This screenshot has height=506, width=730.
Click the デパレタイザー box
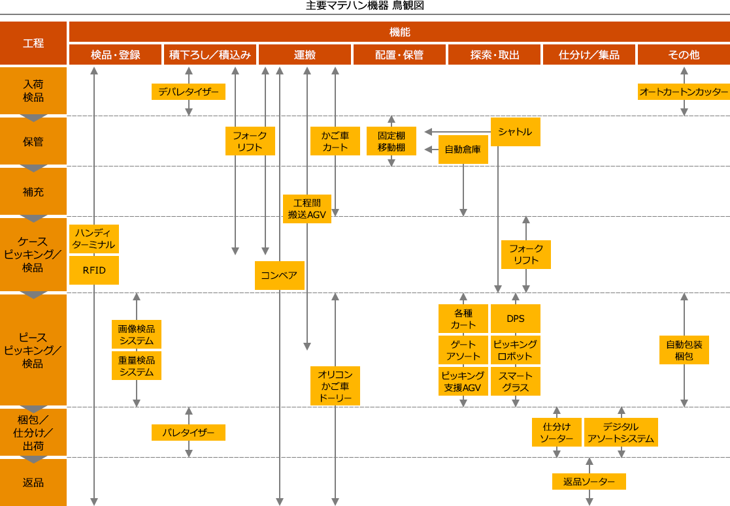tap(188, 91)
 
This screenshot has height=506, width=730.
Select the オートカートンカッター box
tap(683, 91)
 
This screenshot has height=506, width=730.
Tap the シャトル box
tap(515, 132)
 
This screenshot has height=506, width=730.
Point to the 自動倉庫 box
tap(463, 150)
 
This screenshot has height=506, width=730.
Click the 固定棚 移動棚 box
tap(391, 141)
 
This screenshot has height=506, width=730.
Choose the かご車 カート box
tap(335, 141)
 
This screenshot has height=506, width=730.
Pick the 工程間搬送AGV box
tap(307, 209)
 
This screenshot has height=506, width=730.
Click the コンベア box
tap(279, 275)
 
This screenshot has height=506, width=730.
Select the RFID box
tap(94, 270)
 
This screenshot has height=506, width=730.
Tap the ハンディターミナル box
tap(94, 239)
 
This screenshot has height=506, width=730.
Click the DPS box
tap(515, 319)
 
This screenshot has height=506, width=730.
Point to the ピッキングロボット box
tap(515, 350)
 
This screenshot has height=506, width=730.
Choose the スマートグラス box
tap(515, 381)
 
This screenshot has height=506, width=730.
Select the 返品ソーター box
tap(589, 482)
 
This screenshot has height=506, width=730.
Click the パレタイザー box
tap(188, 432)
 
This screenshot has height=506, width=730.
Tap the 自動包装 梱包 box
tap(684, 350)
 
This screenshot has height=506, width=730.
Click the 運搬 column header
tap(305, 55)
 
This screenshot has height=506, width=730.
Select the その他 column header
tap(683, 55)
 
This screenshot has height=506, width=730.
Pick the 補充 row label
tap(33, 192)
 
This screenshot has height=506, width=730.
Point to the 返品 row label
tap(33, 482)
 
